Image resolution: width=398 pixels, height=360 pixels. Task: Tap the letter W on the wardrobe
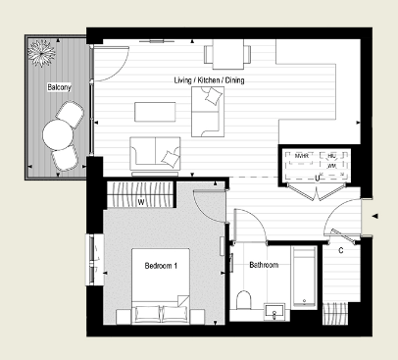click(141, 203)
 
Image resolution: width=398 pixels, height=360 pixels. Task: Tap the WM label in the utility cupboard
click(331, 167)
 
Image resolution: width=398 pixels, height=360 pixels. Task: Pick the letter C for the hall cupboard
click(340, 250)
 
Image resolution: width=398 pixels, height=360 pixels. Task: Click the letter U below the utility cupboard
click(319, 179)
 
